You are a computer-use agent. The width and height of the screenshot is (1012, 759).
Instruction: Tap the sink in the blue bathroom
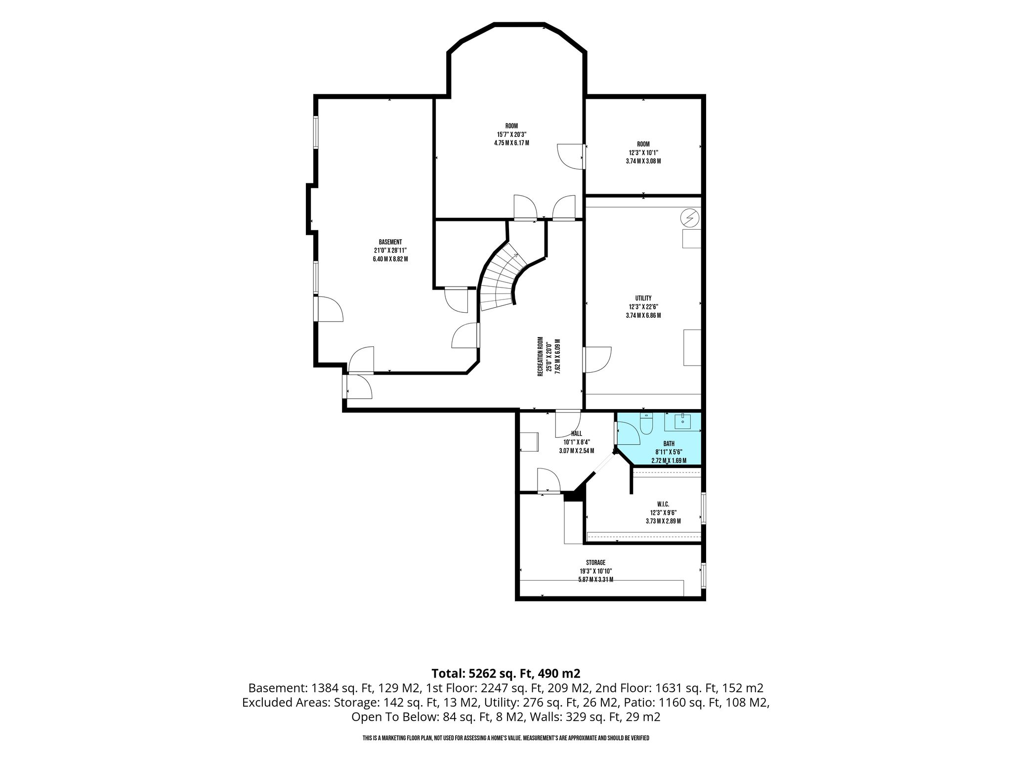[x=682, y=421]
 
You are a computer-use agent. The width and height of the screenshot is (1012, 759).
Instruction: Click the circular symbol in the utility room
[x=690, y=217]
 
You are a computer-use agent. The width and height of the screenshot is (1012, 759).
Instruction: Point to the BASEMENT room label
[x=390, y=242]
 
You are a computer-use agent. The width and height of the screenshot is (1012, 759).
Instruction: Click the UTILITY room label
[x=643, y=298]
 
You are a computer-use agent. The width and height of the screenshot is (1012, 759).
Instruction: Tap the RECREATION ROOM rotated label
[x=541, y=357]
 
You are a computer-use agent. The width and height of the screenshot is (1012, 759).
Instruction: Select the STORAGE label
[x=595, y=562]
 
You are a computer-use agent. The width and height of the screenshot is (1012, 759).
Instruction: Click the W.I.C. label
[x=663, y=504]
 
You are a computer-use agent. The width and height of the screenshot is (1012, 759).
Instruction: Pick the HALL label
[x=577, y=433]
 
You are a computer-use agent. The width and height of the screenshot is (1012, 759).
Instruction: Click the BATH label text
[x=669, y=444]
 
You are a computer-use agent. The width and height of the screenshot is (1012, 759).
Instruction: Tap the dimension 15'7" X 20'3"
[x=508, y=134]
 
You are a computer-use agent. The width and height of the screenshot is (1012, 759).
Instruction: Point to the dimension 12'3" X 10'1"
[x=643, y=153]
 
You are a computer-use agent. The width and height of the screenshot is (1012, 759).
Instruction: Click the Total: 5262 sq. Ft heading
[x=484, y=673]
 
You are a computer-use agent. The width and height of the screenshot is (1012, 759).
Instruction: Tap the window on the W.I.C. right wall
[x=704, y=507]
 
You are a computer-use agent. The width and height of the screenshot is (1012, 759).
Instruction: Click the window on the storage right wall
[x=704, y=575]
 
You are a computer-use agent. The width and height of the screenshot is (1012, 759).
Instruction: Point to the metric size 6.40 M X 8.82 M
[x=390, y=259]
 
